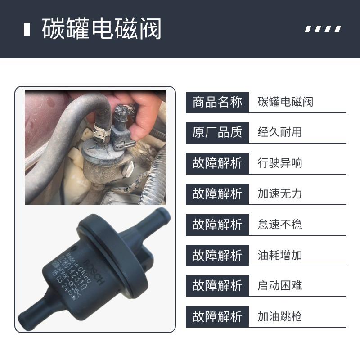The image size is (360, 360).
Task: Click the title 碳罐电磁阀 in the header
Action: (x=101, y=29)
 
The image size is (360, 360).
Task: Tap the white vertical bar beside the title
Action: (x=27, y=29)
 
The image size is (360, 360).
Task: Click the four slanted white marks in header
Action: (x=323, y=29)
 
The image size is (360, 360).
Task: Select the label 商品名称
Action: (x=217, y=102)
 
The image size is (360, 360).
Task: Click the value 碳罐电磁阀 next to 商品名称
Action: (x=285, y=102)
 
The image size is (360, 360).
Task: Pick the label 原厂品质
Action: (x=217, y=133)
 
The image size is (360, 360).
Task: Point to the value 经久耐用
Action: (x=279, y=133)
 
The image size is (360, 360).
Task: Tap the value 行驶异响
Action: (x=279, y=163)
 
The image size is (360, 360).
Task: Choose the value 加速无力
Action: (x=279, y=194)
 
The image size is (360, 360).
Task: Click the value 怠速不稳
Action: (x=279, y=225)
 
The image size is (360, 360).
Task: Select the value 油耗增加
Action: (x=279, y=255)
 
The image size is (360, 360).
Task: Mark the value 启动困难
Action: (x=279, y=286)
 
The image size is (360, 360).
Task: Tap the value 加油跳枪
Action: (x=279, y=316)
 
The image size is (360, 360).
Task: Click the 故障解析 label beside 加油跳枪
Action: (x=217, y=316)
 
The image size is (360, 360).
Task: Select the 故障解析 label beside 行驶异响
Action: (x=217, y=163)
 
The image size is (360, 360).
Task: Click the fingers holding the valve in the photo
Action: (x=144, y=112)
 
